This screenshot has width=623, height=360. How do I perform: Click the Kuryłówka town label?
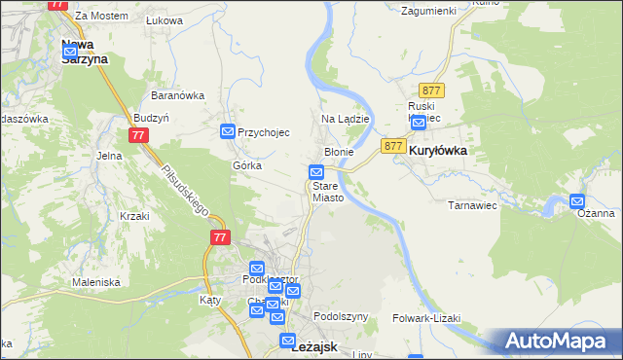click(438, 152)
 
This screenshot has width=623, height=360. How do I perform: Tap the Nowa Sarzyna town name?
click(84, 51)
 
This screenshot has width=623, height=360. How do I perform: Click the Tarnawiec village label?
click(472, 205)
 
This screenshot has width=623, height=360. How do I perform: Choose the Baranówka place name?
click(176, 95)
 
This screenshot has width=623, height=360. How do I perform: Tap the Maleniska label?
click(95, 282)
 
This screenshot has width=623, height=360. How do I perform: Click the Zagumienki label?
click(429, 10)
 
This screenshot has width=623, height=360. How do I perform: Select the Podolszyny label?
click(341, 317)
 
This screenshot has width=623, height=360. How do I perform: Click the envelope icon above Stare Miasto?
click(316, 173)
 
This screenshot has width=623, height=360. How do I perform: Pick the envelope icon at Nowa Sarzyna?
click(70, 50)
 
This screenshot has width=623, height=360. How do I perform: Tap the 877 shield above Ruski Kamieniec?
click(434, 90)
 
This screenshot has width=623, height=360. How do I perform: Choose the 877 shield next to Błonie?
click(392, 146)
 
